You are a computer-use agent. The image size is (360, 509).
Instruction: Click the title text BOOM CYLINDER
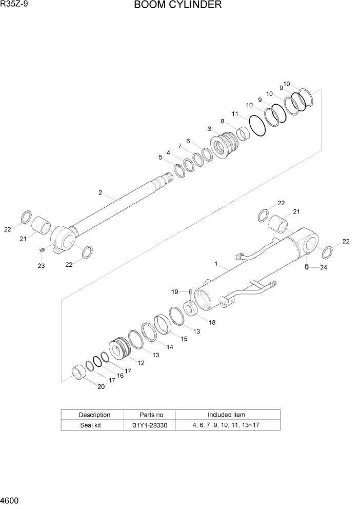click(178, 6)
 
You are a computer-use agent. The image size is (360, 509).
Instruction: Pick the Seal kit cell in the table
click(94, 425)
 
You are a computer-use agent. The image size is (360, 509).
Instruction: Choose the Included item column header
click(226, 415)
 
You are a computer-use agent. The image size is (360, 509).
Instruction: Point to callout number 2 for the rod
click(100, 193)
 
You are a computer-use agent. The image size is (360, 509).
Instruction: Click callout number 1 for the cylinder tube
click(216, 264)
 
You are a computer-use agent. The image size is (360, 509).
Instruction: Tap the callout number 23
click(41, 265)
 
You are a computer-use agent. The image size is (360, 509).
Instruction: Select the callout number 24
click(323, 267)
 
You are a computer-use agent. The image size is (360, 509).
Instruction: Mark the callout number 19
click(174, 291)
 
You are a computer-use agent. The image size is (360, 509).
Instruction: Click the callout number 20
click(101, 387)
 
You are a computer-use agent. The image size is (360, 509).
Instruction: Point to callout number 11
click(235, 113)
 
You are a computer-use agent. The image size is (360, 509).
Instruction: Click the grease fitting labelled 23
click(43, 249)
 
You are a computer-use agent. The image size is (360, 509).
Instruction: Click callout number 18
click(212, 322)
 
